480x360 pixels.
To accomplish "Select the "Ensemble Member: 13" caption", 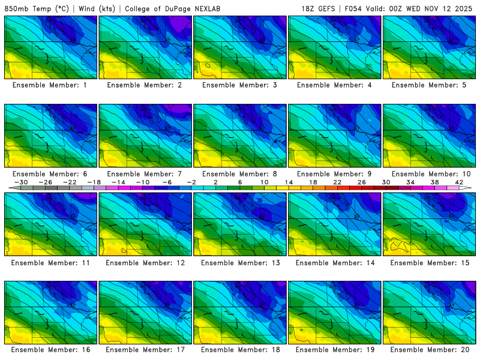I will (239, 262).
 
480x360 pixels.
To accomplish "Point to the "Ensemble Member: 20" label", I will (430, 350).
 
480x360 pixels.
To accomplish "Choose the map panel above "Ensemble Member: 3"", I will (240, 47).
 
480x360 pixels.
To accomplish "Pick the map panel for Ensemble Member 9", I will (335, 136).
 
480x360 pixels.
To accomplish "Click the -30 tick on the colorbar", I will (21, 182).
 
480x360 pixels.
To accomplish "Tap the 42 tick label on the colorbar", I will (459, 182).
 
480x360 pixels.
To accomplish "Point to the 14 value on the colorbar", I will (289, 182).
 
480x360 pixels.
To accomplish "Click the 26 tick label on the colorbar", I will (362, 182).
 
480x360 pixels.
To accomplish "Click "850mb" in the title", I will (16, 9).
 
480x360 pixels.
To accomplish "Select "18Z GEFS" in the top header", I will (321, 9).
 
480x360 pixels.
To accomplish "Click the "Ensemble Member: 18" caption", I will (239, 350).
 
